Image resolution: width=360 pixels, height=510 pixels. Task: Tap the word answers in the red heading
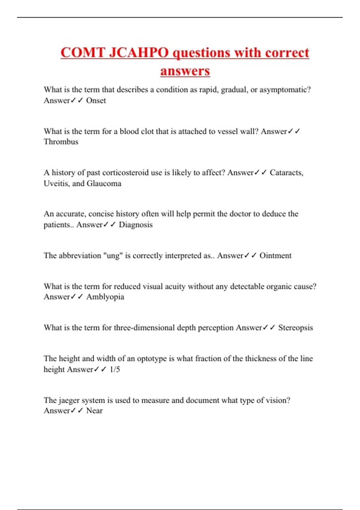[185, 71]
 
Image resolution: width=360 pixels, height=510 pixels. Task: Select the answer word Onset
[96, 100]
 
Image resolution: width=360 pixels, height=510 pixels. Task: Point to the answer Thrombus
[61, 142]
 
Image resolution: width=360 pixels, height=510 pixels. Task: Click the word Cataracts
[286, 173]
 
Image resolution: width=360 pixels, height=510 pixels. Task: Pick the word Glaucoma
[104, 183]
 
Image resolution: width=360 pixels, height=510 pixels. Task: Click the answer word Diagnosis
[136, 225]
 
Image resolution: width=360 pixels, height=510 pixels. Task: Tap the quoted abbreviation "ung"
[113, 256]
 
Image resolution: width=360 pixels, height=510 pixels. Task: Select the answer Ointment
[275, 256]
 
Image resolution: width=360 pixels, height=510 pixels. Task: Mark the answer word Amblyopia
[105, 297]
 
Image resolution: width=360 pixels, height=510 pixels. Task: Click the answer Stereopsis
[295, 328]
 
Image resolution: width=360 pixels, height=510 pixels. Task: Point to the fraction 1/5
[115, 369]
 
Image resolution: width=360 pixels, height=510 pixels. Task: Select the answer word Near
[94, 411]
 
